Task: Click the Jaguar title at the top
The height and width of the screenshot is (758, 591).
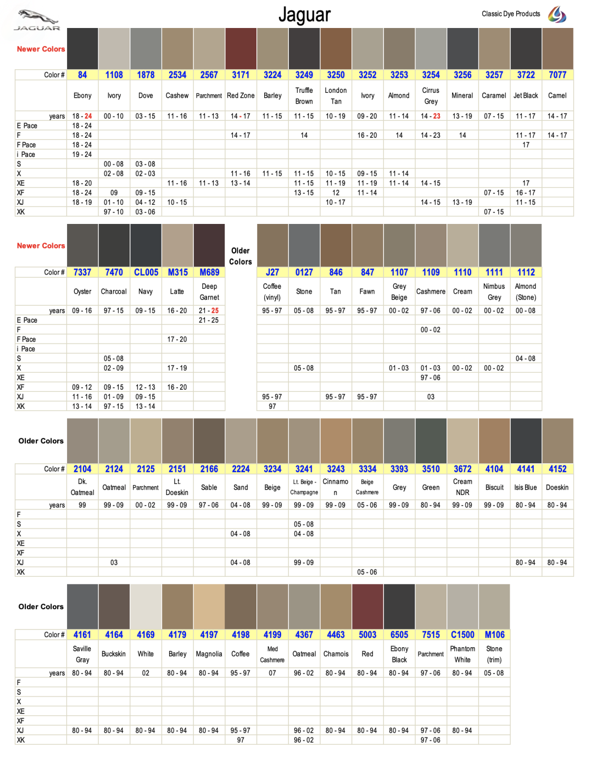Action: [x=304, y=15]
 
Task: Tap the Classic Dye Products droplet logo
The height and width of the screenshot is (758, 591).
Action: [x=557, y=14]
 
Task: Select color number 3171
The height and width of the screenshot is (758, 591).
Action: [x=241, y=75]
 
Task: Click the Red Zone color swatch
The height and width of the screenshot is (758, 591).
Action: [x=241, y=49]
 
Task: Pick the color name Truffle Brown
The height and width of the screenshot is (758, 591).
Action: [x=304, y=96]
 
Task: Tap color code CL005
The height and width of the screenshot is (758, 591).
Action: [x=146, y=272]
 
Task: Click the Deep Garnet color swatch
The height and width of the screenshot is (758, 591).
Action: [x=209, y=245]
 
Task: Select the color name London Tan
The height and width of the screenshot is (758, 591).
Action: [x=336, y=96]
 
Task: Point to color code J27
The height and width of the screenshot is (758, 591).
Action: [x=272, y=272]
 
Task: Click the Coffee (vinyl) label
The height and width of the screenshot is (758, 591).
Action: [x=272, y=291]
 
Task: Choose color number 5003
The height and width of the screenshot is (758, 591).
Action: [x=367, y=635]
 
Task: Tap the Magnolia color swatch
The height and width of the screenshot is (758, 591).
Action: [x=209, y=607]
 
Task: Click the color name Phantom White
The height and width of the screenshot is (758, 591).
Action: [x=462, y=654]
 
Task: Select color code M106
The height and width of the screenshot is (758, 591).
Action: [x=494, y=635]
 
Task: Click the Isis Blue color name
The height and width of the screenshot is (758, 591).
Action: [x=526, y=487]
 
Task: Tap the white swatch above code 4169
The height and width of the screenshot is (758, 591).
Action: [x=146, y=607]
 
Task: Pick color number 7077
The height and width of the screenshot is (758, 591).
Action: [x=557, y=75]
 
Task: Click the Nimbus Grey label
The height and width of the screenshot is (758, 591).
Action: [x=494, y=291]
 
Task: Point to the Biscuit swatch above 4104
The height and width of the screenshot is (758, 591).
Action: [x=494, y=441]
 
